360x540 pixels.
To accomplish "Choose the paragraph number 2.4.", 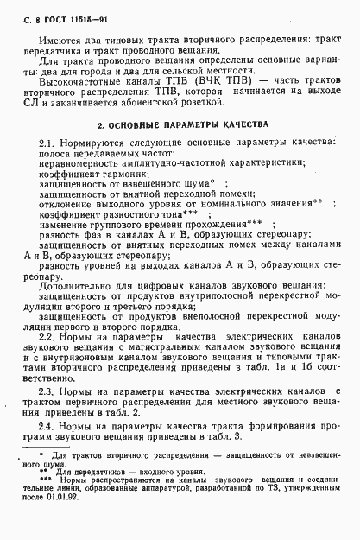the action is pyautogui.click(x=47, y=427).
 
